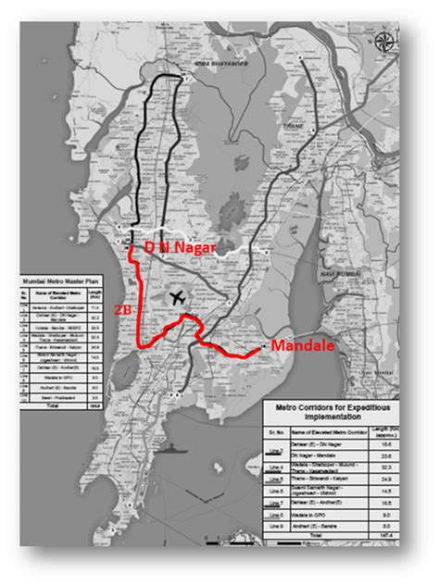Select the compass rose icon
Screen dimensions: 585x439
pos(383,41)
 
